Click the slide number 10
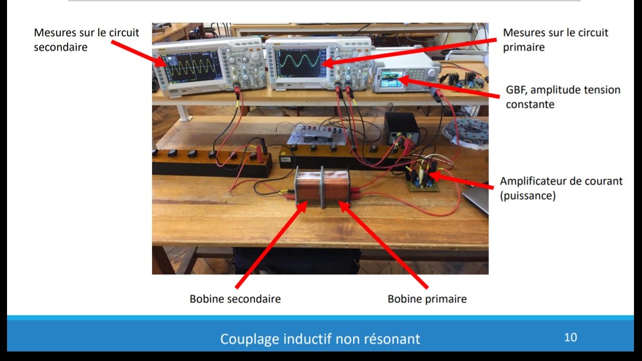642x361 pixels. [570, 337]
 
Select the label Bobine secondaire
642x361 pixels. [235, 299]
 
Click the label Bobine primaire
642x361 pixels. [427, 299]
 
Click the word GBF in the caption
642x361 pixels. [516, 90]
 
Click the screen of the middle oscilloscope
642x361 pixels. [300, 63]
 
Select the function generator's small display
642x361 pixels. [393, 79]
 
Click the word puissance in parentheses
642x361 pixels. [528, 196]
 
